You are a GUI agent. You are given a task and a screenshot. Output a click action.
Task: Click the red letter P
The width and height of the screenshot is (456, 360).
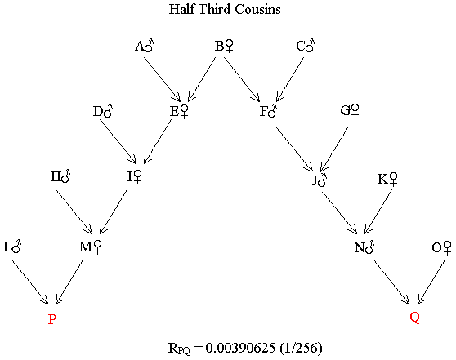pos(52,319)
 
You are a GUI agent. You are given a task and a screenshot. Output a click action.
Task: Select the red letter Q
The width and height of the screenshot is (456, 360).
pos(414,318)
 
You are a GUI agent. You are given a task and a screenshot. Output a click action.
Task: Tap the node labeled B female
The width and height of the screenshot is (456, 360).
pos(224,46)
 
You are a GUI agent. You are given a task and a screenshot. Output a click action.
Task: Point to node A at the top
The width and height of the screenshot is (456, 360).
pos(145,46)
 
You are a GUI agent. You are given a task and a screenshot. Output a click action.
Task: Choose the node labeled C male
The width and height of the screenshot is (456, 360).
pos(306,46)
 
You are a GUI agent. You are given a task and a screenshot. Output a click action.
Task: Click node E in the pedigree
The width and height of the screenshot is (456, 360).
pos(179,111)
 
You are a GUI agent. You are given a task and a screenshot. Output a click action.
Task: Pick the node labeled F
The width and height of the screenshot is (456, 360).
pos(268,111)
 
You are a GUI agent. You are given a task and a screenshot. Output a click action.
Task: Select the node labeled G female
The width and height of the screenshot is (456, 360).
pos(350,111)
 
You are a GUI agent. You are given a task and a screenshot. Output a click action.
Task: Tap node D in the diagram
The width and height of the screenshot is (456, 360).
pos(103,111)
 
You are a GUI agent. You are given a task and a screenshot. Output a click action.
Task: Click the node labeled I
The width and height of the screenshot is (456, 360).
pos(134,176)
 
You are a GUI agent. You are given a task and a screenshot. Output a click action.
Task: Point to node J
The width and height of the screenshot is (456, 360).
pos(320,180)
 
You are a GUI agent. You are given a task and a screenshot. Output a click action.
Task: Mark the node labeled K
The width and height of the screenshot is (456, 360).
pos(387,179)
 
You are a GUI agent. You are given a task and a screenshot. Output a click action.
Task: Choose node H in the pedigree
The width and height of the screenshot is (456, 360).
pos(60,176)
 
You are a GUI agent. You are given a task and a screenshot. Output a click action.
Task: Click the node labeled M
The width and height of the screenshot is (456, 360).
pos(91,247)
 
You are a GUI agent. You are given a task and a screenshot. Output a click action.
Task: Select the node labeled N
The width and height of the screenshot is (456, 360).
pos(364,247)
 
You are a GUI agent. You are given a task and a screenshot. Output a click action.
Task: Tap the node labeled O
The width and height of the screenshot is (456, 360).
pos(442,247)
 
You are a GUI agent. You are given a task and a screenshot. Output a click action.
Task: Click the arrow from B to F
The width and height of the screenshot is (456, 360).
pos(242,79)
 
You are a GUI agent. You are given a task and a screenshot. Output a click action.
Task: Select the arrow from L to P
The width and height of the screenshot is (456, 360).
pos(30,282)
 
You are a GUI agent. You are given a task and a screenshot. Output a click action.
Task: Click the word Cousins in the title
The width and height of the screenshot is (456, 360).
pos(257,9)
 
